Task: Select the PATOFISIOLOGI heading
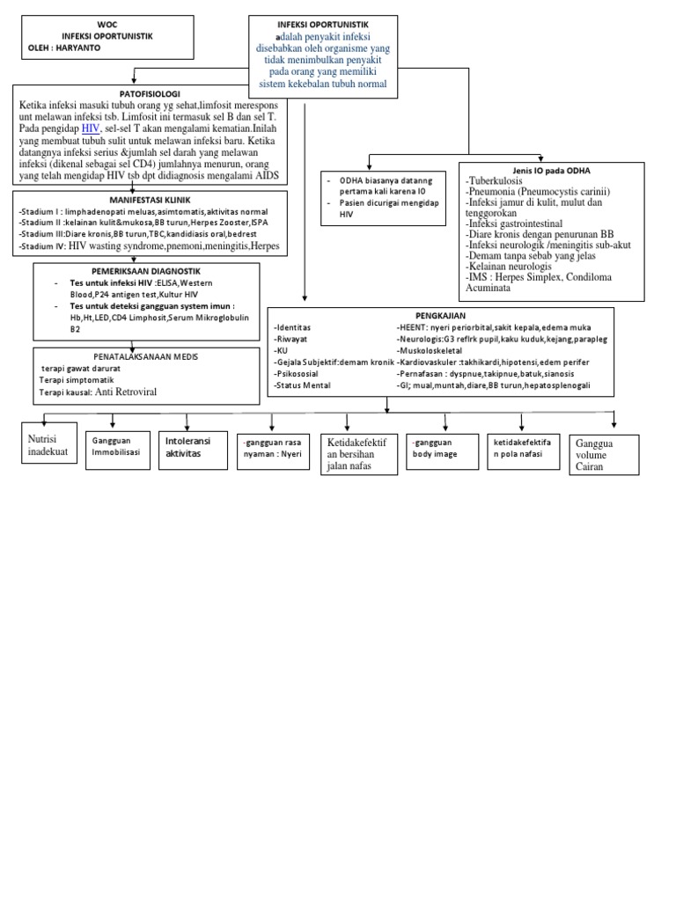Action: pyautogui.click(x=132, y=92)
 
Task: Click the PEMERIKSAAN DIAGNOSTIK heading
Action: pyautogui.click(x=146, y=271)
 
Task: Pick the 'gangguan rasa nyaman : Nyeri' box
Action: pyautogui.click(x=272, y=448)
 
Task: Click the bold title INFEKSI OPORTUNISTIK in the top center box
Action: pyautogui.click(x=323, y=24)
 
